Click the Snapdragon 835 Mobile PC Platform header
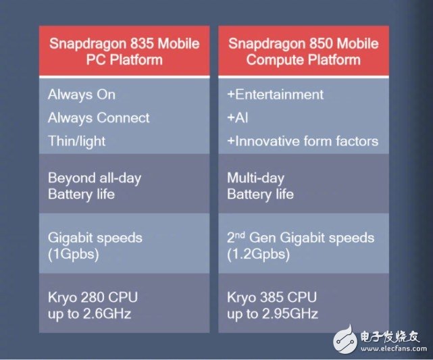tap(124, 51)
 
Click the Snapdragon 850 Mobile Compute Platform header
tap(303, 51)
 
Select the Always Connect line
tap(99, 118)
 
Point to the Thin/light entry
tap(78, 142)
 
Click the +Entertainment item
tap(276, 95)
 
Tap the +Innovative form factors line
tap(303, 142)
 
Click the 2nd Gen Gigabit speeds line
tap(301, 238)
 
